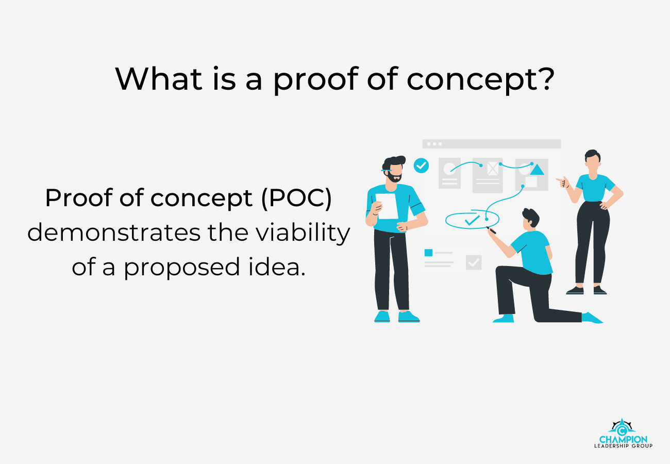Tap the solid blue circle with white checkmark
pos(422,165)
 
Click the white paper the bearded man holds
pos(387,206)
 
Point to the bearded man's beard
pos(394,177)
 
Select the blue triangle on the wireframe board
pos(538,169)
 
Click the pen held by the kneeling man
pos(492,230)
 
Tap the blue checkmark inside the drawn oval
pos(472,220)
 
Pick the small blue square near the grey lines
pos(428,253)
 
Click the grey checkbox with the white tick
pos(474,262)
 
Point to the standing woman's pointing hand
pos(562,181)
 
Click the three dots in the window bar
pos(434,144)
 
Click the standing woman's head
pos(592,160)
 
